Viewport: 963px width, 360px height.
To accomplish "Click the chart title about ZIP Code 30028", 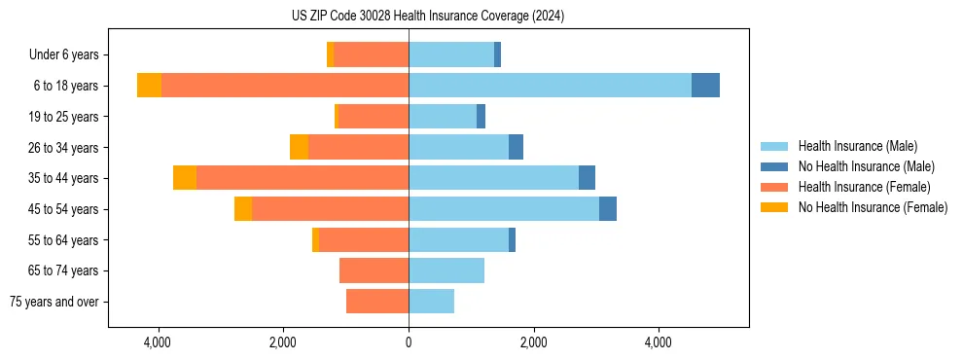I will click(x=428, y=17).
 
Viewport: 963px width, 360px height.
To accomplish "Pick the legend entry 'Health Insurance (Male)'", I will click(x=857, y=146).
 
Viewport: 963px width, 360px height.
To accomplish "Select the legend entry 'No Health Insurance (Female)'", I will click(x=873, y=207).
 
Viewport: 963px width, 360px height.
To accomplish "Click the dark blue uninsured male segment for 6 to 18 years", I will click(x=705, y=86).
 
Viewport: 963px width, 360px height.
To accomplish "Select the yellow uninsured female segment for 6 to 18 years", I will click(x=149, y=86).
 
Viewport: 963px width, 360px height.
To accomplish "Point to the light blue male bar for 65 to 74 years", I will click(x=446, y=270).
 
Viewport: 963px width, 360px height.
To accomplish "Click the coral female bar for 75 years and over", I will click(x=377, y=302).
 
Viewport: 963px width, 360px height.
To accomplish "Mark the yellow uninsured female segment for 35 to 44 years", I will click(x=185, y=178).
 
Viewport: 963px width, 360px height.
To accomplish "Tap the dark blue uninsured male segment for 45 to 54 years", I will click(x=608, y=209).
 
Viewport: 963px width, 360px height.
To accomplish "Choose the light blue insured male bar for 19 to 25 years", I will click(x=443, y=117).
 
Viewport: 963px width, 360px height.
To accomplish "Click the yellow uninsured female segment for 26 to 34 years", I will click(x=299, y=147).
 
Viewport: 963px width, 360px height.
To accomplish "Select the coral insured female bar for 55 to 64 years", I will click(x=364, y=240).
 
